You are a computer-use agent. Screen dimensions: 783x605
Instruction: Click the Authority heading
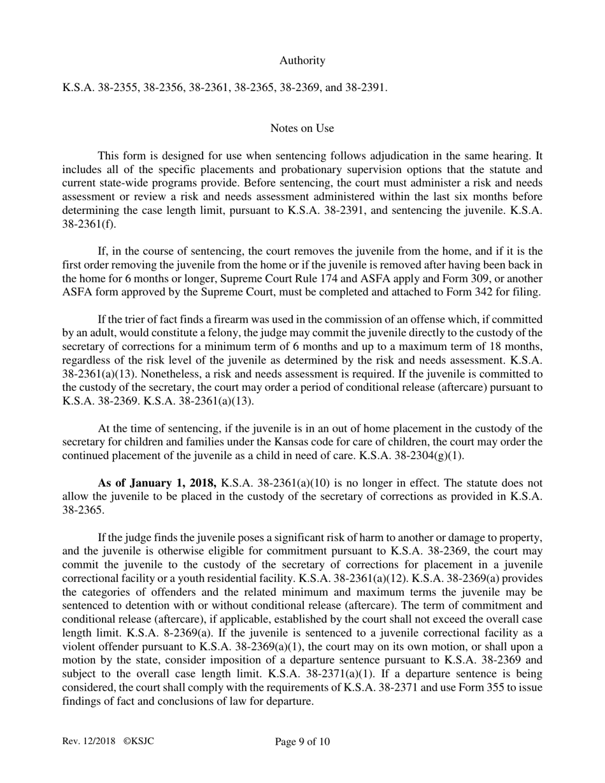(x=302, y=60)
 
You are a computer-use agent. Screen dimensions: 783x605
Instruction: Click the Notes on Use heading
(x=302, y=128)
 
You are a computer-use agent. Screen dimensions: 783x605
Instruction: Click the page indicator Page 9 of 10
(x=302, y=742)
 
